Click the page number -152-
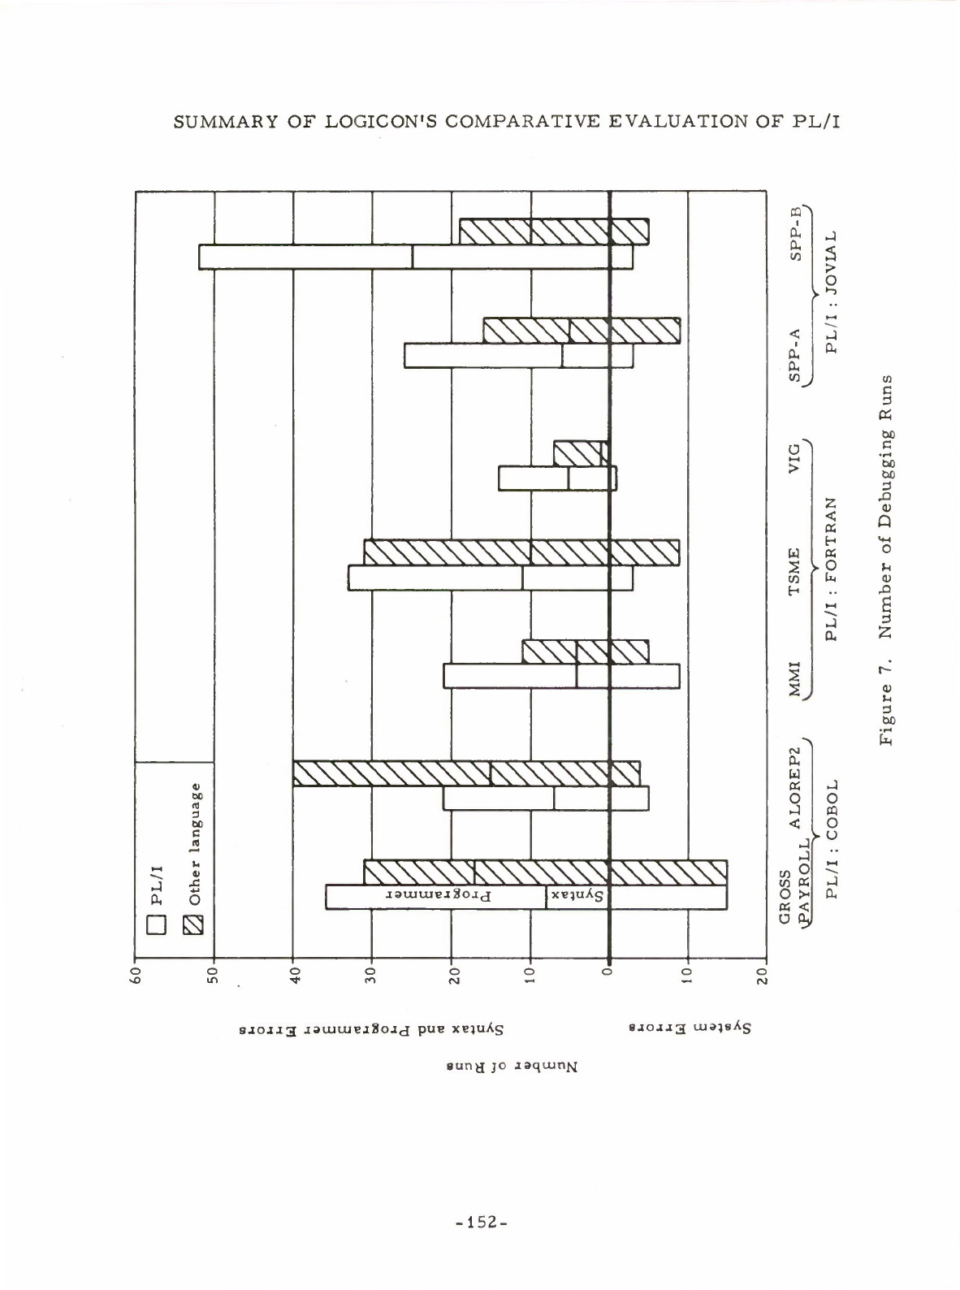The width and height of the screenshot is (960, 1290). click(480, 1221)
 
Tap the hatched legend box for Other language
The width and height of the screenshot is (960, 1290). click(194, 924)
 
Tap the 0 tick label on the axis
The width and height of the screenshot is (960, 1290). click(608, 974)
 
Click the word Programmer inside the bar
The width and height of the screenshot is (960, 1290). click(438, 897)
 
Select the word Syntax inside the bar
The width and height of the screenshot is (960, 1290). click(577, 897)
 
